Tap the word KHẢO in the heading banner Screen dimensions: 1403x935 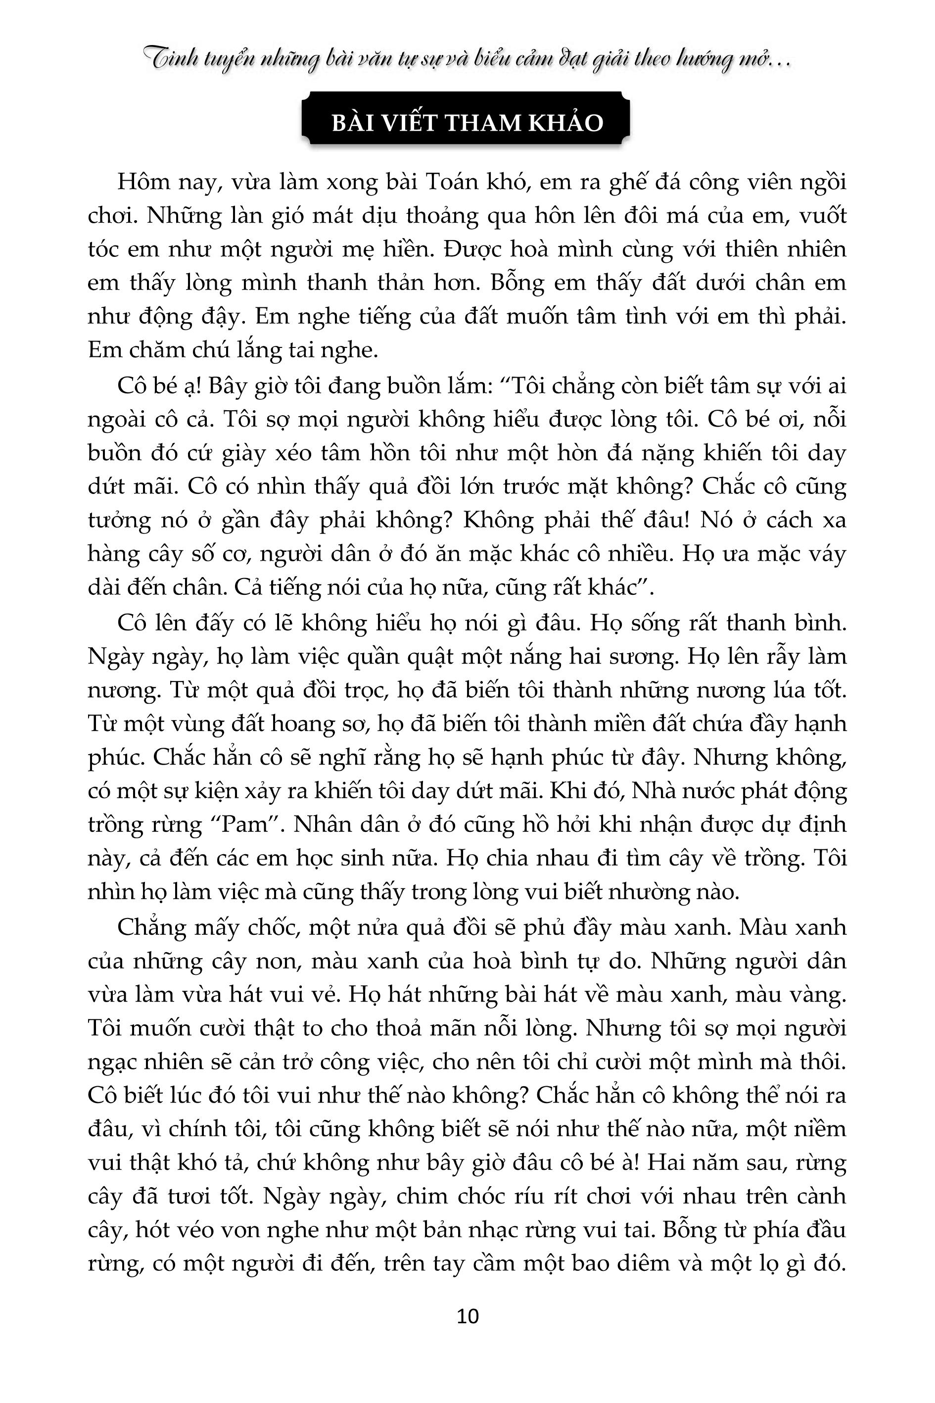[x=572, y=123]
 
